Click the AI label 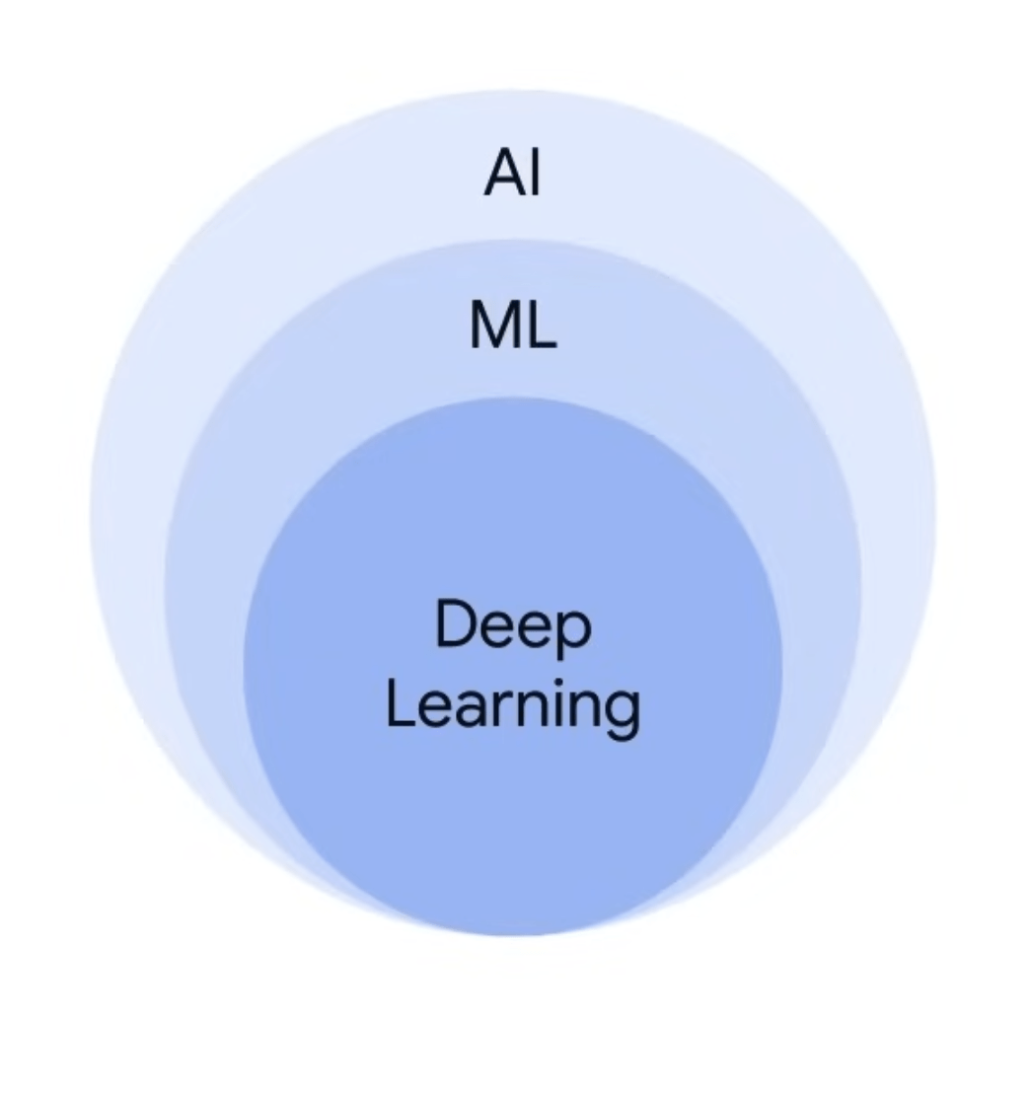tap(512, 174)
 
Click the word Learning tap(512, 707)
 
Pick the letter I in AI tap(534, 174)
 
